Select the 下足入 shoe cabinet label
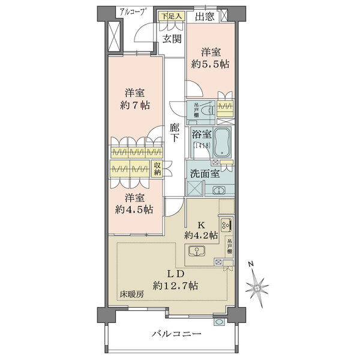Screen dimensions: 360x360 click(169, 16)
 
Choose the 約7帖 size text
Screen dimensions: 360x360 click(134, 106)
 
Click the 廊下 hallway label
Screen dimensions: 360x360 click(175, 133)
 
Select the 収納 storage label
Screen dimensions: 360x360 click(157, 169)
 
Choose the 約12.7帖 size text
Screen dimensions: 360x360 click(175, 286)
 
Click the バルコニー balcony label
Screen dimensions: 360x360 click(176, 333)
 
